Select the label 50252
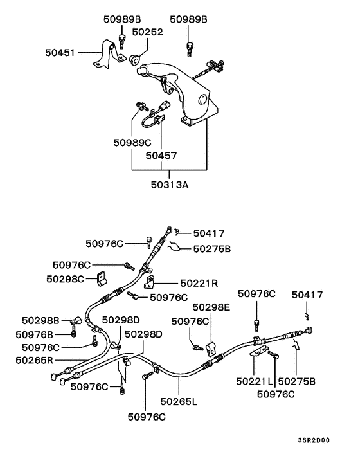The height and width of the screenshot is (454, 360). [148, 32]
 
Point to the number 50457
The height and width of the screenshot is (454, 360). [160, 155]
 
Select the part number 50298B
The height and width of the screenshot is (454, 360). [40, 320]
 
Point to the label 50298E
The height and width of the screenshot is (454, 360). [210, 307]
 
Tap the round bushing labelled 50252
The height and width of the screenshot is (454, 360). [135, 59]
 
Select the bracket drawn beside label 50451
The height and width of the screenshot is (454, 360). [104, 55]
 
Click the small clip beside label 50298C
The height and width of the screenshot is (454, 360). [101, 278]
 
